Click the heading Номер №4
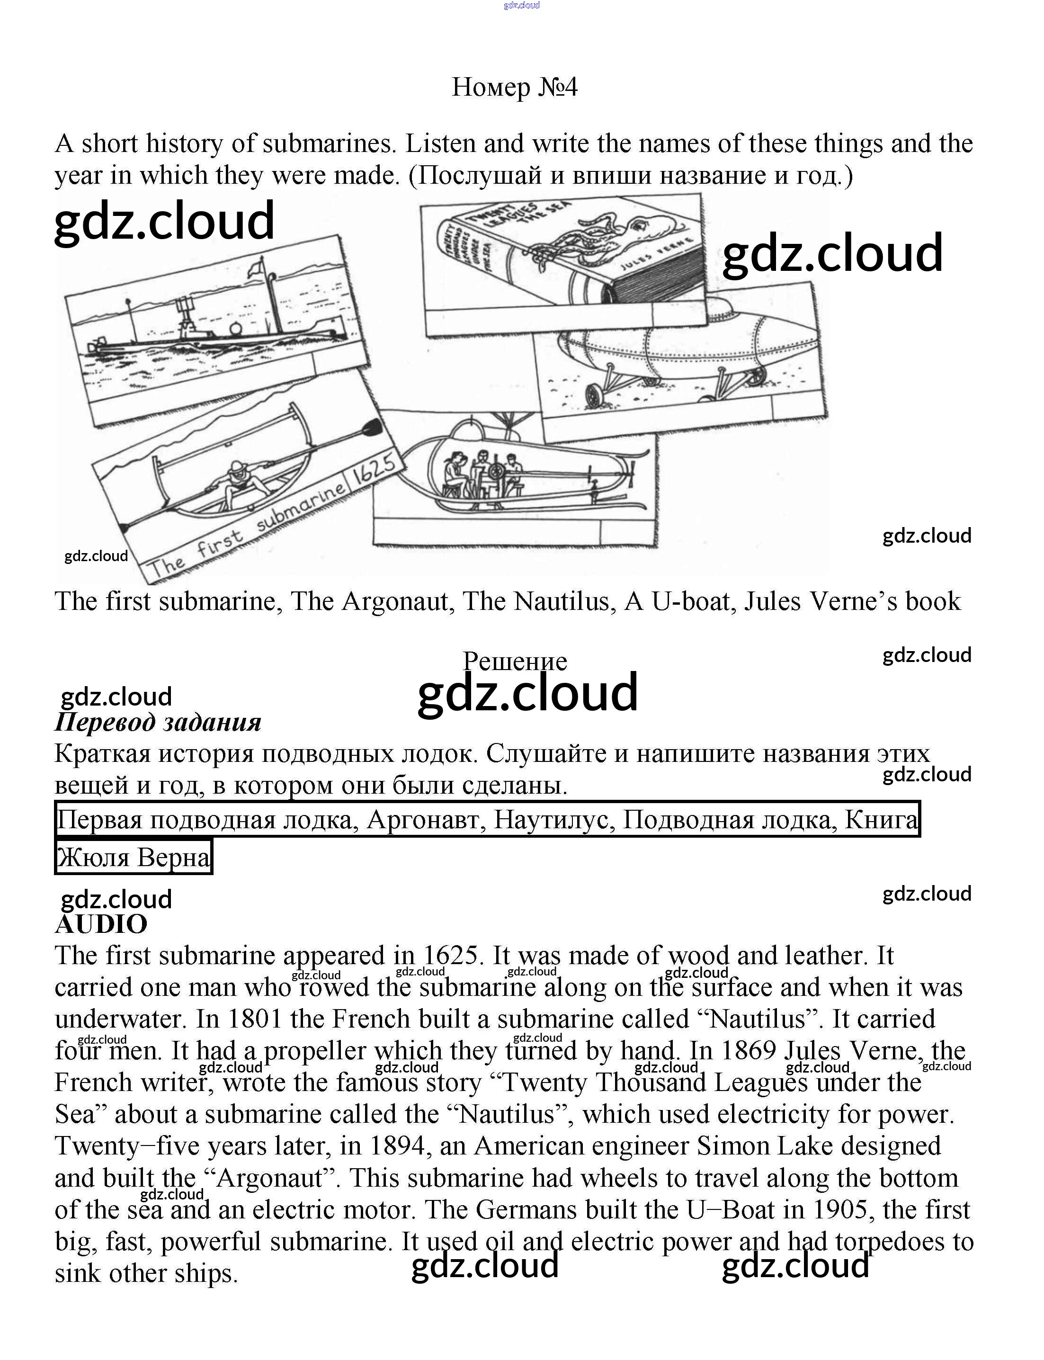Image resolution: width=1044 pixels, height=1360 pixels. coord(515,87)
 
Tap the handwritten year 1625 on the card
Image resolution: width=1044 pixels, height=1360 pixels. coord(375,474)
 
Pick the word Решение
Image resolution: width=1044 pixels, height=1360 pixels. coord(515,661)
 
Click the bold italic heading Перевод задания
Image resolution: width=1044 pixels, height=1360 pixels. coord(158,722)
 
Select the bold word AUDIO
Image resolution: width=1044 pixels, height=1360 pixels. coord(101,924)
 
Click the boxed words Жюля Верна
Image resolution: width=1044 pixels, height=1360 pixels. coord(134,858)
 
